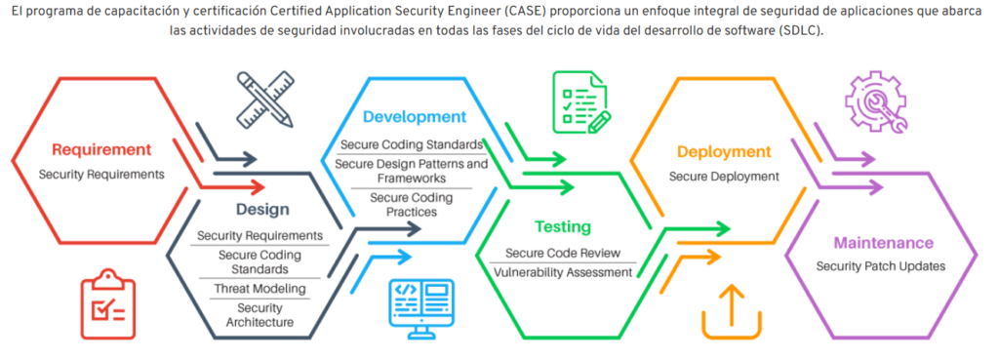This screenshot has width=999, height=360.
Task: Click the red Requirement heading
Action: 101,149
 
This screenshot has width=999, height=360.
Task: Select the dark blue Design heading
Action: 262,210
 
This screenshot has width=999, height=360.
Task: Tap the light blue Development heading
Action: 415,117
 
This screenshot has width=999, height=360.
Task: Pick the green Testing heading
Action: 563,227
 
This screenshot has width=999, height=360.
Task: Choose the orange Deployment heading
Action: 725,151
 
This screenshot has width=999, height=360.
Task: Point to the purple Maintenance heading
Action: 884,243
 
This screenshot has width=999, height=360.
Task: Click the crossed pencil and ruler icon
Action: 265,100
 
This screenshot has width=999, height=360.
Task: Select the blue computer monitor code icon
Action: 421,309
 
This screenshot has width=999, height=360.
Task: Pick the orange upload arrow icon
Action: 732,312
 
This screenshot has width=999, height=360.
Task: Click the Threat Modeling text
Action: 260,289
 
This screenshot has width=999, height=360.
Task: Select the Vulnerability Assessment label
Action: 563,272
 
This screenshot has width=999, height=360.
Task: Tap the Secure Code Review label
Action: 563,253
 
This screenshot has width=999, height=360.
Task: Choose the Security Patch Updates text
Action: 881,265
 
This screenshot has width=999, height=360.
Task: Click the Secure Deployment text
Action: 724,177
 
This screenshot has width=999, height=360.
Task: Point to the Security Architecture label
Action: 260,315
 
